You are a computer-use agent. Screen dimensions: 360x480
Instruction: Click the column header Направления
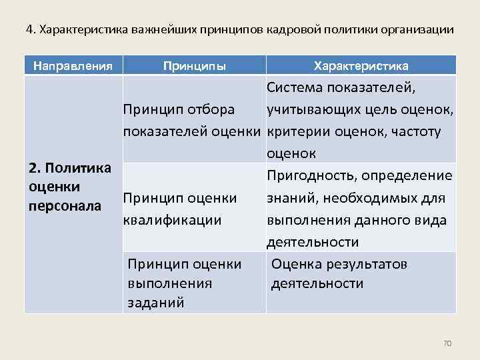pos(73,66)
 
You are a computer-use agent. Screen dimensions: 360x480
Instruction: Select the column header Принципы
pos(195,66)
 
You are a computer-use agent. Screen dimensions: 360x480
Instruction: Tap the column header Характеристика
pos(361,66)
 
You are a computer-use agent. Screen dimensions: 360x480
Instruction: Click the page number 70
pos(447,343)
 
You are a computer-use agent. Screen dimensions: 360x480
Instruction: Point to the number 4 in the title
pos(29,30)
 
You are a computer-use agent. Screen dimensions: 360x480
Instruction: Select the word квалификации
pos(172,219)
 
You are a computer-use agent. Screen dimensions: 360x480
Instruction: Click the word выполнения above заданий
pos(169,283)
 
